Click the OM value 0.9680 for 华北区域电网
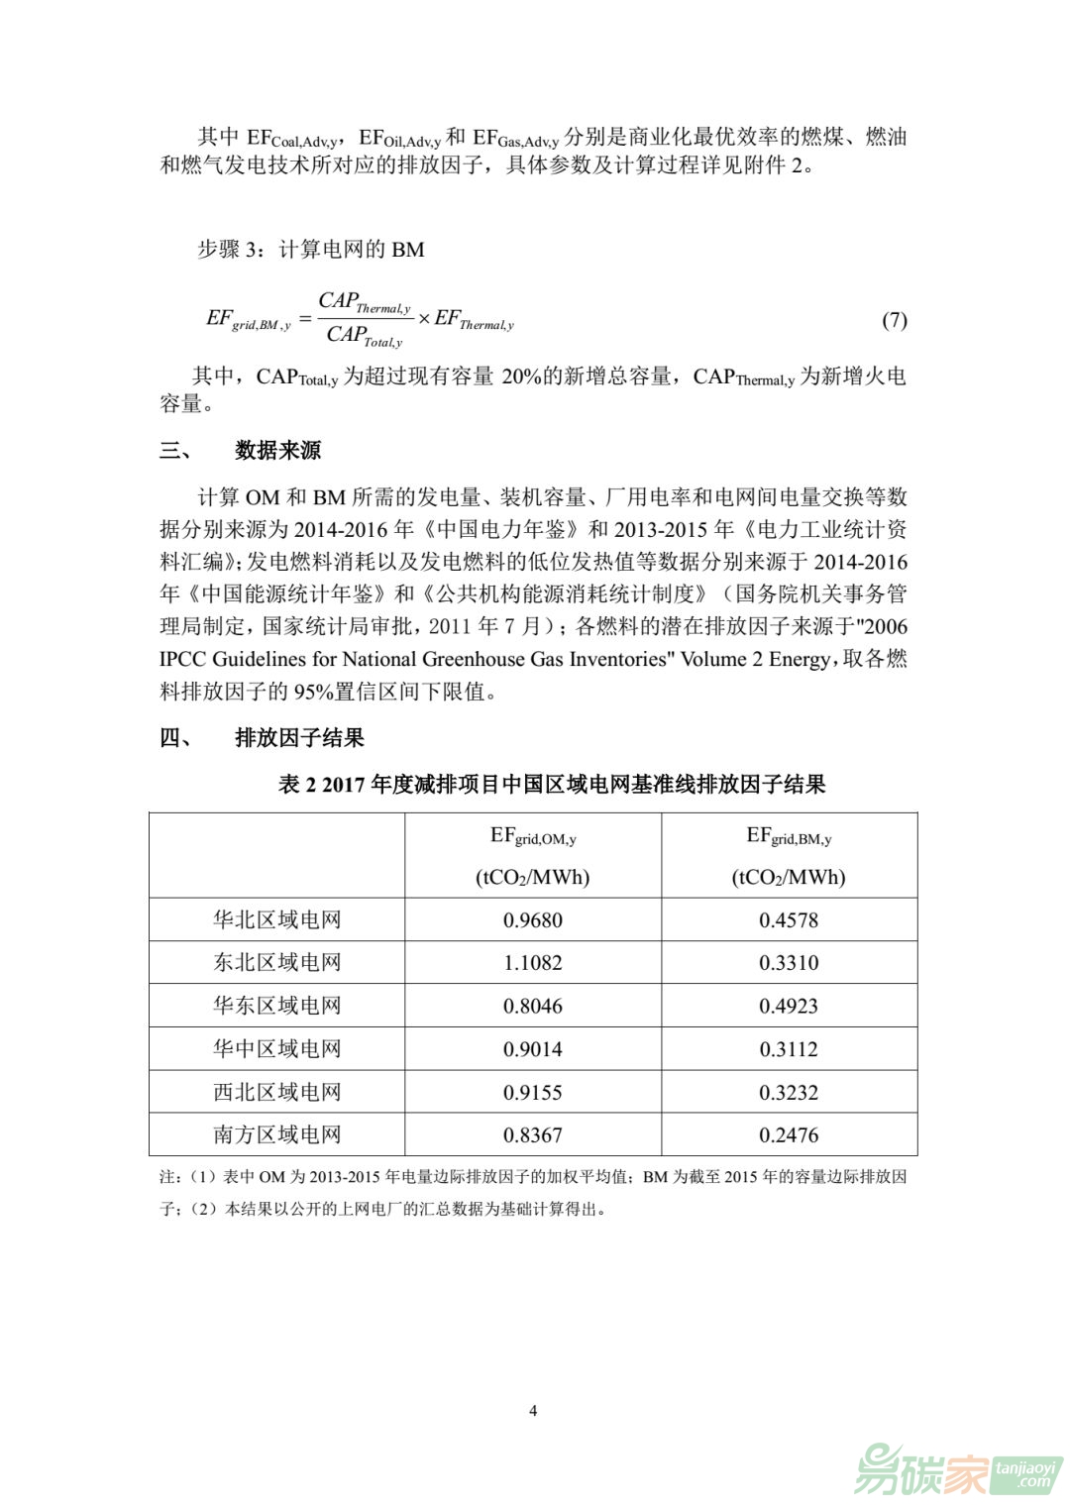click(x=532, y=920)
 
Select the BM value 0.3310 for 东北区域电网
click(x=789, y=963)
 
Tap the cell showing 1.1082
click(x=532, y=963)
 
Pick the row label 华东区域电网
click(x=276, y=1006)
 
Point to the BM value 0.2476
click(x=789, y=1135)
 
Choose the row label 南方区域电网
click(x=276, y=1135)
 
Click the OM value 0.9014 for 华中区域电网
click(x=532, y=1049)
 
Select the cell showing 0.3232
click(x=789, y=1093)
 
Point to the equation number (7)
click(x=894, y=320)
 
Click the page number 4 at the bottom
click(x=534, y=1411)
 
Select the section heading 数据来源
click(x=277, y=451)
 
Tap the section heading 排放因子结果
click(x=299, y=738)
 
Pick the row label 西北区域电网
click(x=276, y=1093)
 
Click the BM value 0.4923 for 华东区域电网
click(x=789, y=1007)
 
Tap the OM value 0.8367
click(x=532, y=1135)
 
